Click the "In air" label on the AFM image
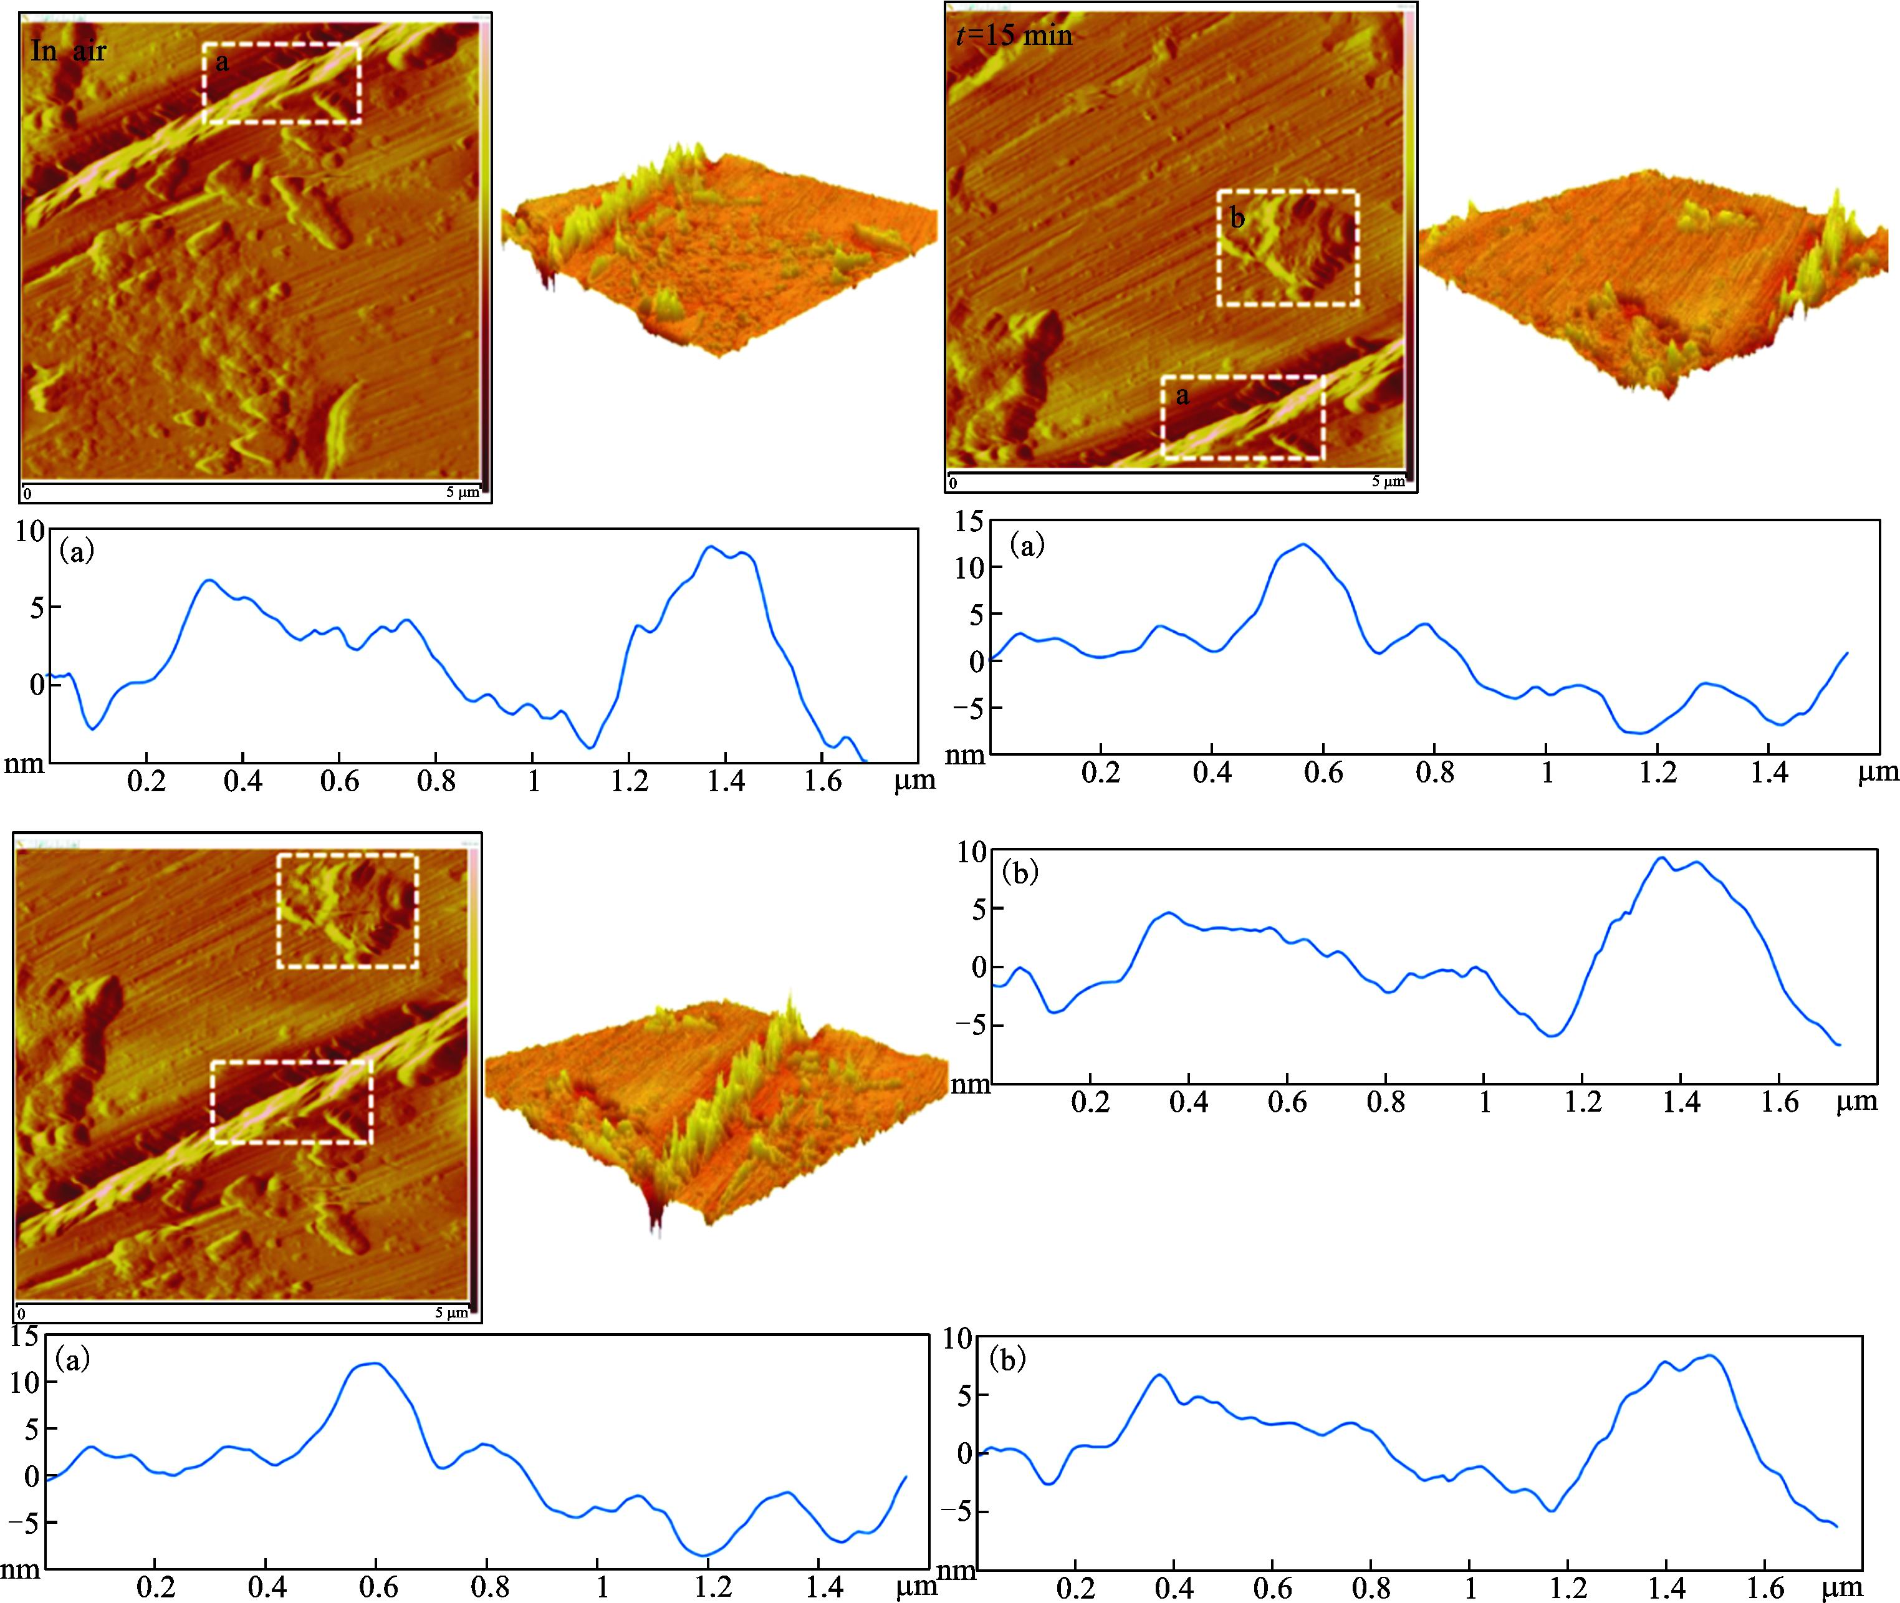pyautogui.click(x=68, y=51)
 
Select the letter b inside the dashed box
pyautogui.click(x=1237, y=218)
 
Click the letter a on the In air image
pyautogui.click(x=223, y=62)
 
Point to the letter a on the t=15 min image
pyautogui.click(x=1182, y=395)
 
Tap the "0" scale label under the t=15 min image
pyautogui.click(x=952, y=483)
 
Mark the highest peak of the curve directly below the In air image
pyautogui.click(x=711, y=547)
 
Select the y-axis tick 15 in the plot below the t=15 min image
pyautogui.click(x=969, y=522)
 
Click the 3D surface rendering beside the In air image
pyautogui.click(x=718, y=250)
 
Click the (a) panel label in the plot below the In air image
pyautogui.click(x=76, y=551)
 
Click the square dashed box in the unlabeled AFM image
pyautogui.click(x=347, y=910)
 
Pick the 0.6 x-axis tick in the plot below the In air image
pyautogui.click(x=339, y=781)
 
